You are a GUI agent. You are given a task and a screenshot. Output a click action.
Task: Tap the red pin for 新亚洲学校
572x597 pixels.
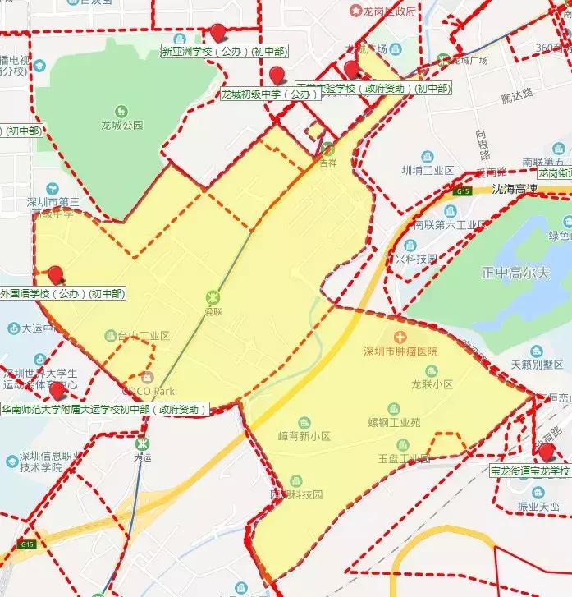click(x=217, y=32)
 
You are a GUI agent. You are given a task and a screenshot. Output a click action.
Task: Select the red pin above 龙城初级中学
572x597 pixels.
click(x=278, y=75)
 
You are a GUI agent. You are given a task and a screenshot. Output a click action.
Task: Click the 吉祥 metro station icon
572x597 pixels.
click(x=327, y=149)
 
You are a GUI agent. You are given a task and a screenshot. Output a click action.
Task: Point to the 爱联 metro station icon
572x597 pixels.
click(x=213, y=296)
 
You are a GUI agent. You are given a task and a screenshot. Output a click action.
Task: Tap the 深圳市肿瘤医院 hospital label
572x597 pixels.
click(x=400, y=351)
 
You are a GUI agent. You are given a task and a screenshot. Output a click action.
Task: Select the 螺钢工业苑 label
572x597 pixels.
click(x=394, y=422)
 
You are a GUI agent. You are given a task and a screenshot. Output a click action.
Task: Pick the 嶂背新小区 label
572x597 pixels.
click(x=304, y=436)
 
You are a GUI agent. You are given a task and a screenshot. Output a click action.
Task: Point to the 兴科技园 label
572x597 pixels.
click(x=414, y=258)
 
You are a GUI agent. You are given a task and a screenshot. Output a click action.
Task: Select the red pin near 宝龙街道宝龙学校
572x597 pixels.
click(x=546, y=452)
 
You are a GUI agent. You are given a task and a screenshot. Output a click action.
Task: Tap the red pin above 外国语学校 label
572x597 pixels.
click(x=56, y=273)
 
